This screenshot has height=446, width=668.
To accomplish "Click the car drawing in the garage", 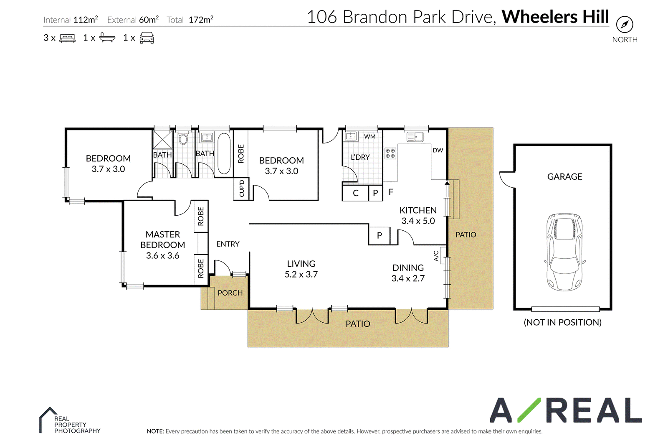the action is tap(564, 252).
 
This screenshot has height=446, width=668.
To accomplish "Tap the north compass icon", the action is tap(625, 24).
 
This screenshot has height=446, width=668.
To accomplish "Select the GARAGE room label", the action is tap(564, 177).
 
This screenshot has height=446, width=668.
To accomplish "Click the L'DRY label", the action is tap(360, 157).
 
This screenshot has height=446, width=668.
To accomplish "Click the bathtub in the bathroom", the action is tap(224, 153).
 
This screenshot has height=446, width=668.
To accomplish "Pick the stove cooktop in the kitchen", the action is tap(390, 153).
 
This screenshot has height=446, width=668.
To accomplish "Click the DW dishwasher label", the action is tap(438, 150).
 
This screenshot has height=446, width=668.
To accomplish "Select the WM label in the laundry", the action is tap(369, 137).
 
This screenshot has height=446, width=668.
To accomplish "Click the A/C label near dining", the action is tap(436, 256).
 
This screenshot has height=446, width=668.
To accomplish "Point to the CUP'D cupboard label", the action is tap(242, 189).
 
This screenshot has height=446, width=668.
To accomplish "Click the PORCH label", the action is tap(230, 293).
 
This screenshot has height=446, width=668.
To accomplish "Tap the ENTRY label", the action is tap(228, 244).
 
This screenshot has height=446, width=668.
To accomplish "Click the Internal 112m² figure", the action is tap(71, 20).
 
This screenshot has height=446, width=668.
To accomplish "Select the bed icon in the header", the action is tap(67, 38).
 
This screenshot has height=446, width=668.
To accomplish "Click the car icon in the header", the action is tap(147, 38).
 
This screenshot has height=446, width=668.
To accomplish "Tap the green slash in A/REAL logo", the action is tap(529, 410).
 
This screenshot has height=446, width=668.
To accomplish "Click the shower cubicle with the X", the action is tap(162, 140).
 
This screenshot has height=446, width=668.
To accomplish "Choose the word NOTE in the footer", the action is tap(155, 431).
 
